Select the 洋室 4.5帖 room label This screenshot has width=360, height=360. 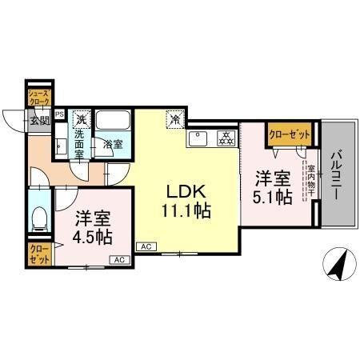click(93, 229)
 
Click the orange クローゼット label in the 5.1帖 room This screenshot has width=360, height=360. click(289, 135)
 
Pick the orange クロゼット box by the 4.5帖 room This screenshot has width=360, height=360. click(38, 257)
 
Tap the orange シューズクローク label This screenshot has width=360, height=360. click(39, 98)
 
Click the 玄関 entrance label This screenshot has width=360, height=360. click(39, 120)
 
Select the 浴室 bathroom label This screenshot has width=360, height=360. click(113, 145)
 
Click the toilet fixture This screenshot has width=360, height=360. click(39, 218)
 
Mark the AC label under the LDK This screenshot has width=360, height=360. click(146, 246)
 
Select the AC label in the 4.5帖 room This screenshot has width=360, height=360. click(118, 259)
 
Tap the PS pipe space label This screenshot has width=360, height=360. click(59, 114)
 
